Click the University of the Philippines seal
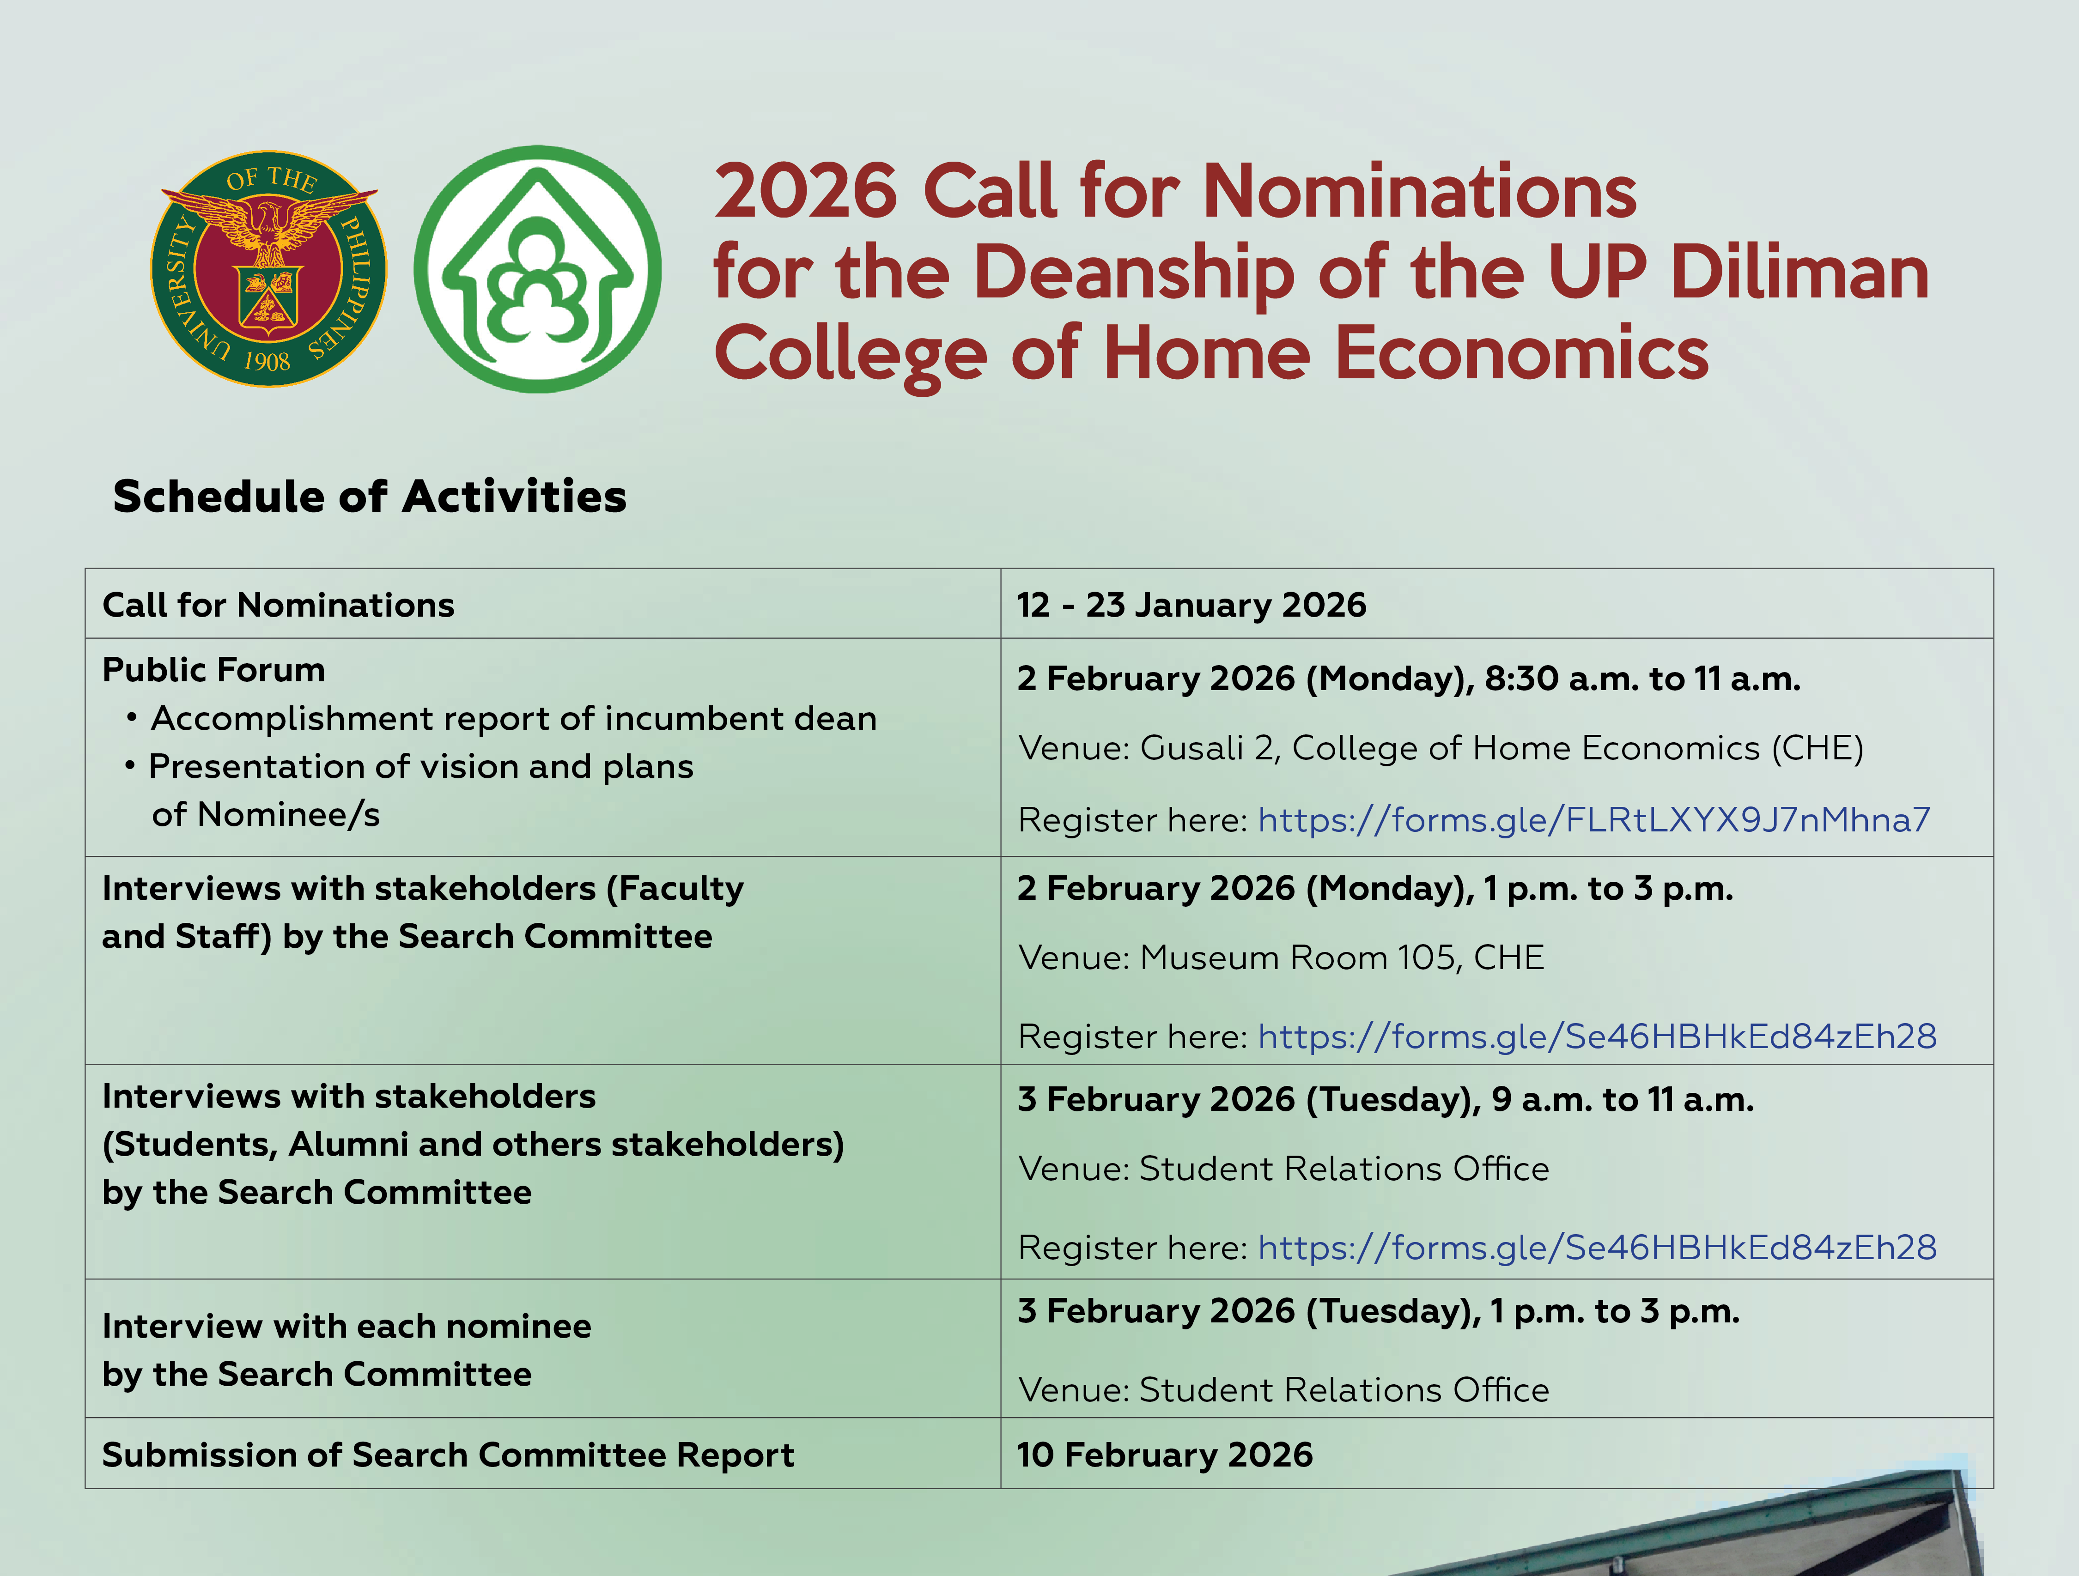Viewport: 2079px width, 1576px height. pyautogui.click(x=269, y=269)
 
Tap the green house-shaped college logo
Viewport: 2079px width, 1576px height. pyautogui.click(x=538, y=269)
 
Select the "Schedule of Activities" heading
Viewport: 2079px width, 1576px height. pyautogui.click(x=370, y=496)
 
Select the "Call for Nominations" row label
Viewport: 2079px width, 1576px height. pyautogui.click(x=278, y=605)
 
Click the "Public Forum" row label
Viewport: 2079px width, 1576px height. pyautogui.click(x=213, y=670)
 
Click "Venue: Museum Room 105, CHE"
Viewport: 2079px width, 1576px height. pyautogui.click(x=1281, y=958)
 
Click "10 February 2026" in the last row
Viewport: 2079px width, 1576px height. pyautogui.click(x=1165, y=1455)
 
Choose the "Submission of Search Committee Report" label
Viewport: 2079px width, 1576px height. pyautogui.click(x=448, y=1455)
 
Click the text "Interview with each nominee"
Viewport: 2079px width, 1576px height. pyautogui.click(x=347, y=1326)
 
